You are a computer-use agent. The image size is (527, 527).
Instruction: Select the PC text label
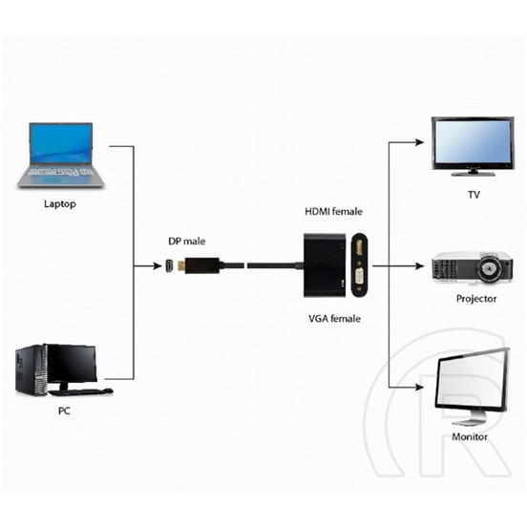tap(64, 411)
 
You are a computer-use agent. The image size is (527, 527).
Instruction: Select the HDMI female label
tap(334, 211)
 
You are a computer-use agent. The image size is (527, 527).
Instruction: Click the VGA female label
tap(333, 318)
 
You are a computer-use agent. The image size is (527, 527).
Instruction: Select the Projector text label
tap(476, 299)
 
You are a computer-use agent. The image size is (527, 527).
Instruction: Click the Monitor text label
tap(469, 436)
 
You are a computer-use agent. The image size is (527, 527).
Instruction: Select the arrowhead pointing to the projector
tap(417, 265)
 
